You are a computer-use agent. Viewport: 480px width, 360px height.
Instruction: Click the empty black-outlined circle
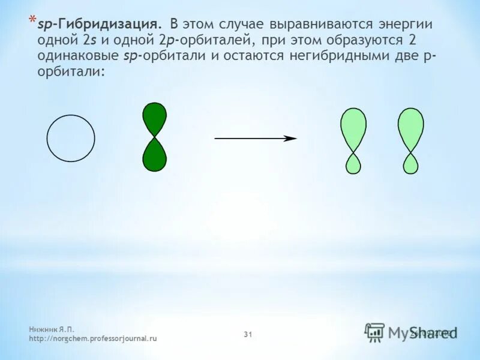click(71, 138)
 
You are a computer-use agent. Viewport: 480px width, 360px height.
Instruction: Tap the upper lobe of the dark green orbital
click(154, 118)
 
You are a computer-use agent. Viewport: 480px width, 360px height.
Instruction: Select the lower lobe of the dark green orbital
click(154, 155)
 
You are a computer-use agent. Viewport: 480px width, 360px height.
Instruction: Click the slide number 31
click(248, 334)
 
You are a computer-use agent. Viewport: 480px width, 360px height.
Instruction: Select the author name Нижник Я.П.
click(52, 329)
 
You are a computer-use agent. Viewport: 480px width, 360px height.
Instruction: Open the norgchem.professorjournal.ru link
click(92, 338)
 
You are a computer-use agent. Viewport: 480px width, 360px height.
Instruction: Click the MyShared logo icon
click(374, 332)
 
